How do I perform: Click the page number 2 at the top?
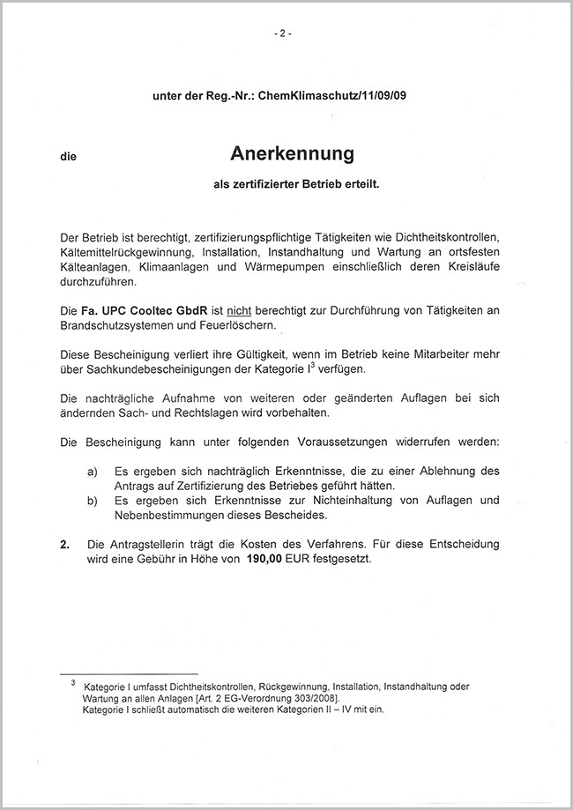pos(283,34)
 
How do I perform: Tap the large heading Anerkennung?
pos(292,154)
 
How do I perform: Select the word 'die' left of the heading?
pos(68,157)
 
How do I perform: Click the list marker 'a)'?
pos(92,471)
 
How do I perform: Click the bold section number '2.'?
pos(64,543)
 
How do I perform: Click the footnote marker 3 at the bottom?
pos(73,681)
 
